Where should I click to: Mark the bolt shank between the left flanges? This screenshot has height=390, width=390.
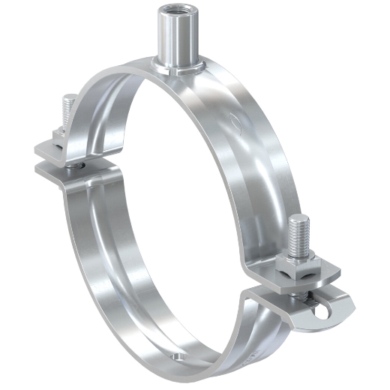74,161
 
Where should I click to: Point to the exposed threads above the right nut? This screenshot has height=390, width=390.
298,236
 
